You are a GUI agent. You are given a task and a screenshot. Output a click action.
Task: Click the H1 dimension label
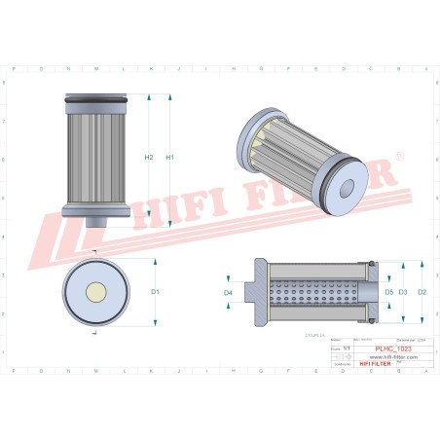point(169,157)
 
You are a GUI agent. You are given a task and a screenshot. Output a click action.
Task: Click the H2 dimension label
point(148,157)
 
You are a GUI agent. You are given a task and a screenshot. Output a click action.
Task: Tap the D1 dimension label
point(154,291)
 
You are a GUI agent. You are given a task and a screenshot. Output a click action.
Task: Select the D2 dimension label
point(421,291)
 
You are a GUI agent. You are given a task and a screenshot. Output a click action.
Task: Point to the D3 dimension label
point(403,291)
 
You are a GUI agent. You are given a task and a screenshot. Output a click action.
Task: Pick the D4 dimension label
point(228,291)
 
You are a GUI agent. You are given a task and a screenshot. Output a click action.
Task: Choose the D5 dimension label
point(387,291)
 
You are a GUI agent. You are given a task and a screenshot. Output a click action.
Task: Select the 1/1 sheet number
point(347,348)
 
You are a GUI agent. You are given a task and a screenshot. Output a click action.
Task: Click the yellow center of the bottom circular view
point(95,290)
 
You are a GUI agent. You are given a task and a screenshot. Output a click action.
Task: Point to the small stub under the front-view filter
point(95,221)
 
